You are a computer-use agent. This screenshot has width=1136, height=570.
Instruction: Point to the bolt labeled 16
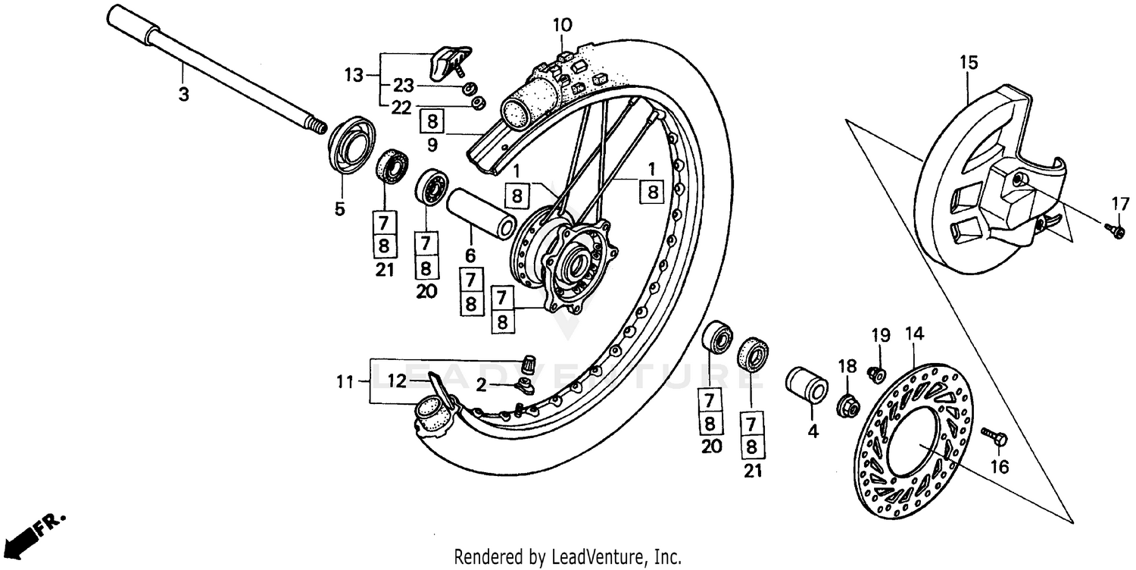[993, 436]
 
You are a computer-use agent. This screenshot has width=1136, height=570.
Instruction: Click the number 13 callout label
[354, 75]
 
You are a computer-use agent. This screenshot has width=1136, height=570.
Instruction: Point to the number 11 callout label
[345, 383]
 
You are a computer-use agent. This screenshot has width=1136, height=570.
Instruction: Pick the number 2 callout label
[482, 385]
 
